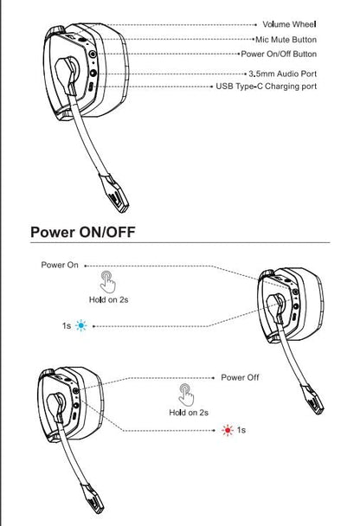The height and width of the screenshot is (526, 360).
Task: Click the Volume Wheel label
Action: pyautogui.click(x=289, y=24)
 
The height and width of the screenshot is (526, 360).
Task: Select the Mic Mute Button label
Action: pyautogui.click(x=286, y=39)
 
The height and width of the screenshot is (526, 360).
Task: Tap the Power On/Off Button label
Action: pyautogui.click(x=280, y=54)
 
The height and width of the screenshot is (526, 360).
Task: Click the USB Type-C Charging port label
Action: pyautogui.click(x=267, y=87)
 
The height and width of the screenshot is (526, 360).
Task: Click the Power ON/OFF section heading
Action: pyautogui.click(x=82, y=232)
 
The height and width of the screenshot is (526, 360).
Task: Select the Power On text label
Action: pyautogui.click(x=59, y=264)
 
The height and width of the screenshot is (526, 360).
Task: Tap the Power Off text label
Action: pyautogui.click(x=240, y=377)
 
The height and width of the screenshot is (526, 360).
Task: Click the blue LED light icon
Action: pyautogui.click(x=81, y=326)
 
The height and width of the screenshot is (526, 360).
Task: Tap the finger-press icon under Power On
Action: pyautogui.click(x=107, y=281)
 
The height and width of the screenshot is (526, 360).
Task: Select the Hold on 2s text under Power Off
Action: pyautogui.click(x=188, y=413)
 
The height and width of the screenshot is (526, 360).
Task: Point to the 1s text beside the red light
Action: pyautogui.click(x=241, y=430)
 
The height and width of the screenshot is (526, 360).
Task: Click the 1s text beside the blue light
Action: pyautogui.click(x=66, y=326)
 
